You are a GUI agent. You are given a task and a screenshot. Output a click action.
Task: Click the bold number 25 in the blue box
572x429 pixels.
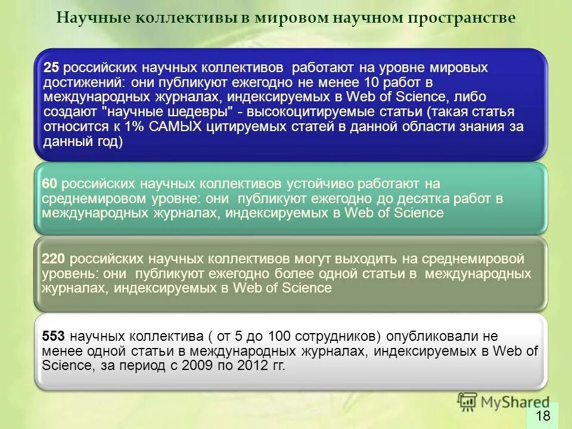point(52,67)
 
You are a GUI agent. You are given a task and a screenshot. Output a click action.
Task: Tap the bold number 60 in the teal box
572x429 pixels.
point(49,184)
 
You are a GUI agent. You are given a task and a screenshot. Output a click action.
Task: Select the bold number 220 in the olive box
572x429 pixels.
point(54,259)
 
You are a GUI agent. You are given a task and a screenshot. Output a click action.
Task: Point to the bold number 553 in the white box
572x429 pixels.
point(54,337)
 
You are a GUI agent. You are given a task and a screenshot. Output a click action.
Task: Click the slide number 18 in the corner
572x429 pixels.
point(543,415)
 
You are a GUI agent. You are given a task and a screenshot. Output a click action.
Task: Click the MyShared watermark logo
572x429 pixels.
point(503,400)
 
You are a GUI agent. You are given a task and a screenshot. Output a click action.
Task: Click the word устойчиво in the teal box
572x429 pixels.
point(321,184)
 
